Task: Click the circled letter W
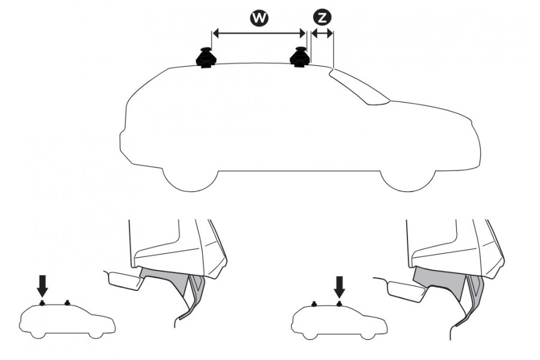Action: click(259, 18)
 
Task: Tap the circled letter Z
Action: click(322, 18)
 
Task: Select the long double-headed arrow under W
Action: click(259, 34)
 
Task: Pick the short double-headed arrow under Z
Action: click(322, 34)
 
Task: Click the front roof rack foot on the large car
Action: click(299, 57)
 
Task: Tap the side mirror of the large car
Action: click(382, 103)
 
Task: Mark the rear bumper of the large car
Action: click(124, 141)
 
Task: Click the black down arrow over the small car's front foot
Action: click(339, 286)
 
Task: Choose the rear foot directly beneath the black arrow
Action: click(42, 303)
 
